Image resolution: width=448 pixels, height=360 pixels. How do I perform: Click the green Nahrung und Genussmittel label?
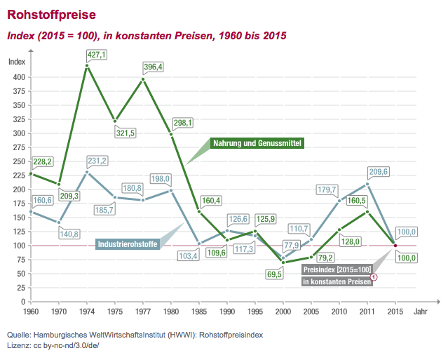point(257,143)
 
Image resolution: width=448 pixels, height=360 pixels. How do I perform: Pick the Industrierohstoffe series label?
point(127,245)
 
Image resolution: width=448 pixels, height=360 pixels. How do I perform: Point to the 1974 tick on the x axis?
point(87,309)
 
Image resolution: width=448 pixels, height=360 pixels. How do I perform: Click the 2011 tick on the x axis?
point(367,309)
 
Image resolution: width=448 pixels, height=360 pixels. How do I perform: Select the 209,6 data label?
point(379,171)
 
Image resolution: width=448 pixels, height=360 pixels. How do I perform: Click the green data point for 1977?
point(143,79)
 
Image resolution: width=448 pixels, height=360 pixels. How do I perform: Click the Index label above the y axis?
point(16,61)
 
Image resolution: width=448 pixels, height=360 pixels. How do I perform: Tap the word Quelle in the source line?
point(19,335)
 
